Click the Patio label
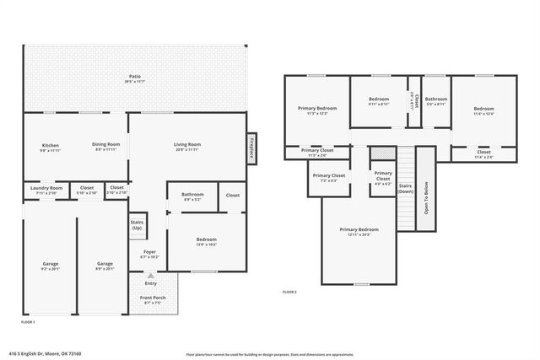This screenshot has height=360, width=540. pyautogui.click(x=134, y=78)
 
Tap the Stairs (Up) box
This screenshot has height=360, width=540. pyautogui.click(x=136, y=226)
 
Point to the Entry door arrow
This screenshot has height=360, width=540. pyautogui.click(x=151, y=274)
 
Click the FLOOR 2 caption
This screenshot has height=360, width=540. pyautogui.click(x=289, y=293)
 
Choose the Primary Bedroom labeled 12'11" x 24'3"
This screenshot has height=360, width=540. pyautogui.click(x=359, y=232)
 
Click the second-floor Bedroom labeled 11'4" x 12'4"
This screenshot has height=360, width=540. pyautogui.click(x=483, y=111)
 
